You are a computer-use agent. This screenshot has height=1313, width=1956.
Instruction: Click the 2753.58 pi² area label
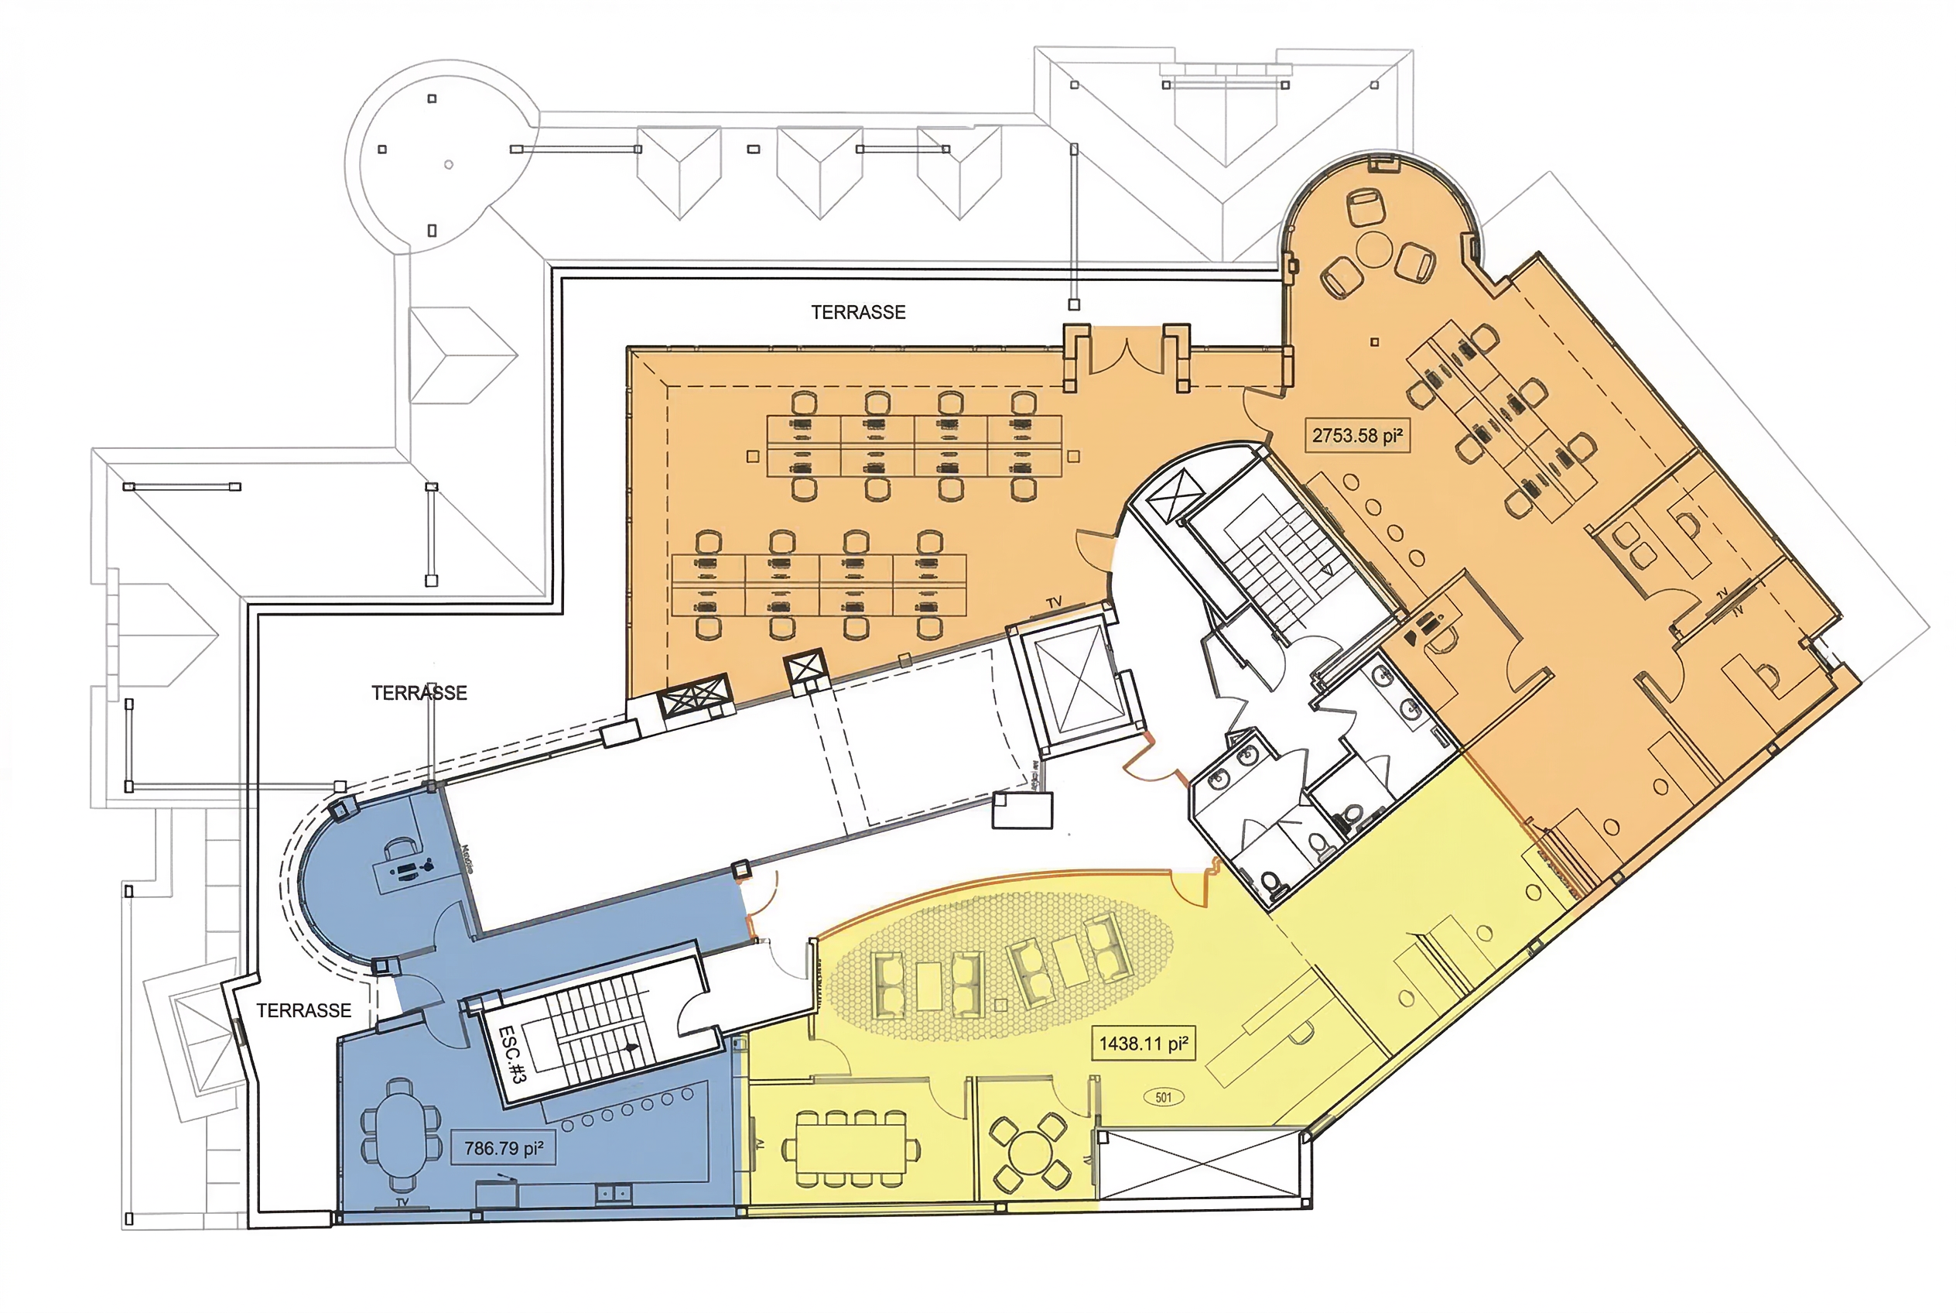(1356, 435)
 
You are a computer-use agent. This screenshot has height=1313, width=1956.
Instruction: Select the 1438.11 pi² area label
(1144, 1044)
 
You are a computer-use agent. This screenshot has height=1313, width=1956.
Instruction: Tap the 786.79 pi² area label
(504, 1148)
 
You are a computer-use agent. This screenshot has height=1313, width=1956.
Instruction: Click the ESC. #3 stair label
(511, 1054)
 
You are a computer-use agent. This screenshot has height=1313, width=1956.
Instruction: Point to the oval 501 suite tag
(1164, 1097)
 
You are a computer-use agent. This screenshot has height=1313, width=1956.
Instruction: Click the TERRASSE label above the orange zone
(858, 312)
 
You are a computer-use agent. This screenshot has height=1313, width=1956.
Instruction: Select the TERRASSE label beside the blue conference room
(304, 1011)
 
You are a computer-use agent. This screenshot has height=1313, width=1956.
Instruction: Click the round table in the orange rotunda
(1374, 249)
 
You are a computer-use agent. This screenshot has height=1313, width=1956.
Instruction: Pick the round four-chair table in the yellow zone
(1028, 1153)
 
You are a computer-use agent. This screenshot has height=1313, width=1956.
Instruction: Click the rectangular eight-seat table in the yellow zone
(850, 1148)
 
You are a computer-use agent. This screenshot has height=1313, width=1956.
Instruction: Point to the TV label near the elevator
(1054, 602)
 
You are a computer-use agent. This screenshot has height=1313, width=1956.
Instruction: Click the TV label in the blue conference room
(402, 1202)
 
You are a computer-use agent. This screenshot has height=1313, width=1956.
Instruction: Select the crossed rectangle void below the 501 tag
(1200, 1165)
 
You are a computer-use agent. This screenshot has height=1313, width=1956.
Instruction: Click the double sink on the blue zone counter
(614, 1192)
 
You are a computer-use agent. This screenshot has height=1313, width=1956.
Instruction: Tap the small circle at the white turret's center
(449, 164)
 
